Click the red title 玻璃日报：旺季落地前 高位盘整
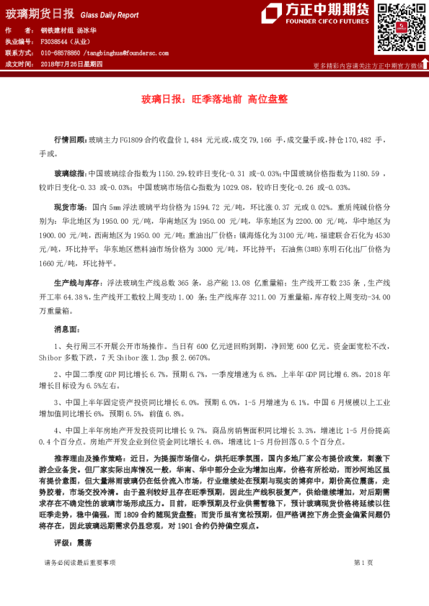coord(214,100)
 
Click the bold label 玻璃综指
coord(71,174)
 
